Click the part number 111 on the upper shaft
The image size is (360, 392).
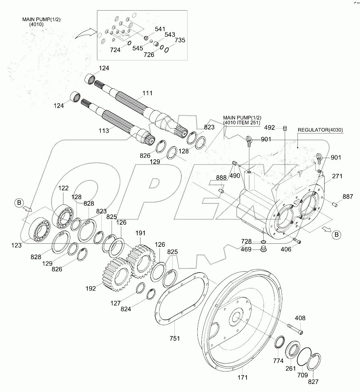pos(147,93)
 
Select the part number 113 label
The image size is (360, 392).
pos(104,131)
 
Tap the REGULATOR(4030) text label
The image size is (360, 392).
pos(320,130)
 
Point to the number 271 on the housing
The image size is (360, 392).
pos(337,176)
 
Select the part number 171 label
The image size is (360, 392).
pos(242,377)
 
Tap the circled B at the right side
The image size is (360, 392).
pos(336,235)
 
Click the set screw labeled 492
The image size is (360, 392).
pos(285,128)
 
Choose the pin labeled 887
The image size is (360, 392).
pos(334,204)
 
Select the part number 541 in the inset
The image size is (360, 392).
pos(160,29)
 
